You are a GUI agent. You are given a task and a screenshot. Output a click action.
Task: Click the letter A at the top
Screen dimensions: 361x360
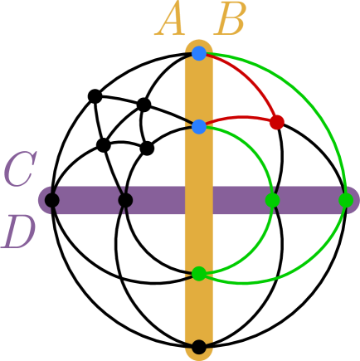tap(171, 22)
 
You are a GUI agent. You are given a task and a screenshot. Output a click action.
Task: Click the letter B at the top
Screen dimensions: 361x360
tap(229, 22)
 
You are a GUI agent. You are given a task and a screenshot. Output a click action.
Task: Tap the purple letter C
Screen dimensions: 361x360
tap(18, 172)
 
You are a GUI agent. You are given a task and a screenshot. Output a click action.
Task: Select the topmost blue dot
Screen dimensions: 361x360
tap(198, 53)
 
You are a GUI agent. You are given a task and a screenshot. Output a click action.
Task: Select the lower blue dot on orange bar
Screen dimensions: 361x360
tap(198, 127)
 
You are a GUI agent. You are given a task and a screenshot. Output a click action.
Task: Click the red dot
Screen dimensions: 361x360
tap(277, 122)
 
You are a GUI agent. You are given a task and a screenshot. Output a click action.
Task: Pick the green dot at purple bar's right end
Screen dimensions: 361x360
tap(346, 200)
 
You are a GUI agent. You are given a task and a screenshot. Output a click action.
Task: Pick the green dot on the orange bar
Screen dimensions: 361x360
tap(198, 273)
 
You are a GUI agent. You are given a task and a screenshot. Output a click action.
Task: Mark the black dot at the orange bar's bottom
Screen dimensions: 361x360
tap(198, 347)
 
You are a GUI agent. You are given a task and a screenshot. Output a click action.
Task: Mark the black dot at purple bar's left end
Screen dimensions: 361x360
tap(51, 200)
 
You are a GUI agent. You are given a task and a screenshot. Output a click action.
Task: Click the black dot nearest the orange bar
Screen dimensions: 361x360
tap(125, 200)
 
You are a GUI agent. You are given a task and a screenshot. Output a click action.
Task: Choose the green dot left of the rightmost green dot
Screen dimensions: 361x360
tap(272, 200)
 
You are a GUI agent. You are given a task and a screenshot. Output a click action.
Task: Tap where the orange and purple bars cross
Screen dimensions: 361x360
tap(198, 200)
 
